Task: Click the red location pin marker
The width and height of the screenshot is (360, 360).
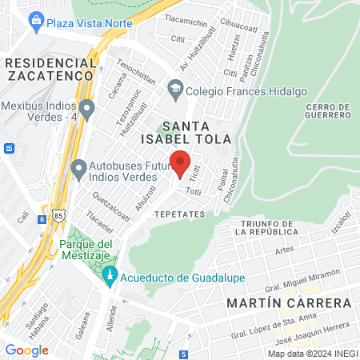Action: coord(180,162)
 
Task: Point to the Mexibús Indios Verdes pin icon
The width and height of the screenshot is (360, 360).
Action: coord(86,106)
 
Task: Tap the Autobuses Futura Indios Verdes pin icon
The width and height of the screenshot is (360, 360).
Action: coord(78,170)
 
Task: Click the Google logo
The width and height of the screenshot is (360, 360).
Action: coord(26,350)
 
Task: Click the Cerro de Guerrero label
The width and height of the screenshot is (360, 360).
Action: coord(328,111)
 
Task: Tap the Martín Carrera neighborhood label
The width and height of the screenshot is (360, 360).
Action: coord(289,303)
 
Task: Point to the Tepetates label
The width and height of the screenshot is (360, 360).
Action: coord(179,214)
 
